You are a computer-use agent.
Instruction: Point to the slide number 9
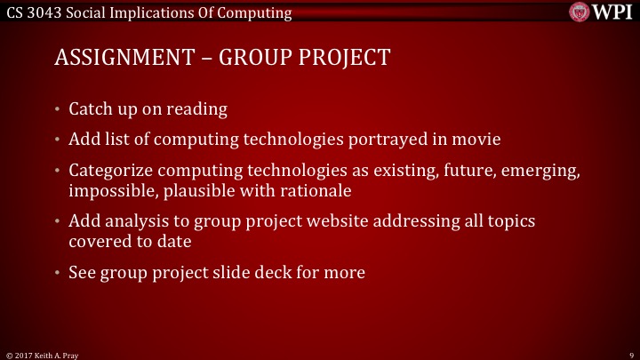point(629,353)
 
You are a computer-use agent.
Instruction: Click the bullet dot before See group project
point(58,271)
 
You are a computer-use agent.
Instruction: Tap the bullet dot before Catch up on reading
point(58,109)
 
